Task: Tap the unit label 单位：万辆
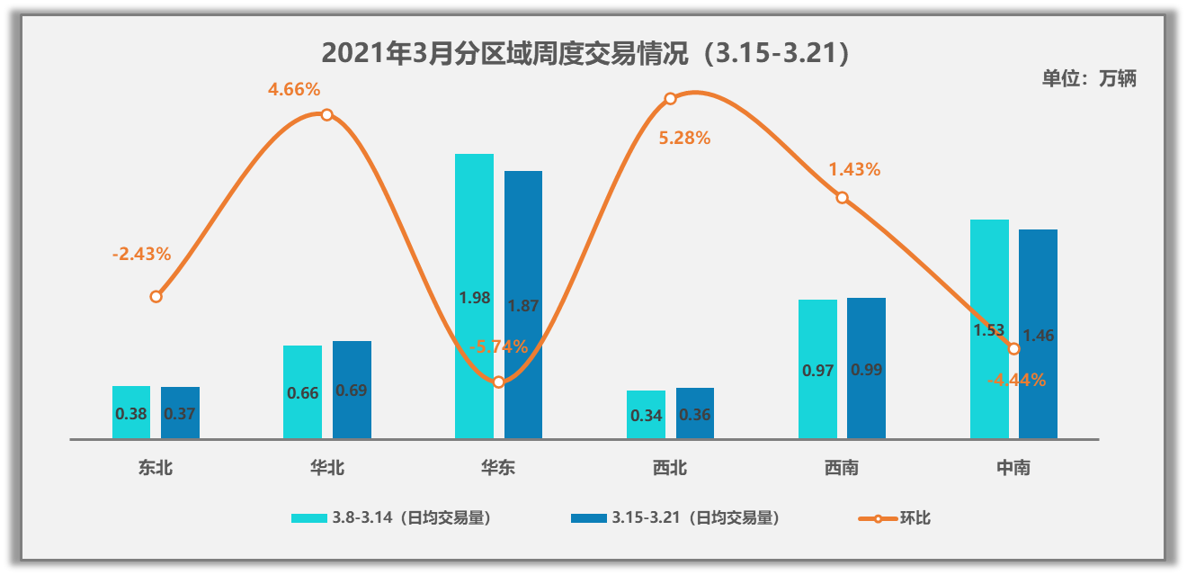tap(1089, 78)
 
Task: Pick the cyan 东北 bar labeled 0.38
tap(131, 413)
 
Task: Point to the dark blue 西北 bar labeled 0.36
tap(695, 414)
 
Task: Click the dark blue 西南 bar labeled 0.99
tap(867, 369)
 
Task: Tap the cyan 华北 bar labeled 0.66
tap(302, 392)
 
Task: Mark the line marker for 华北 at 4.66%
tap(327, 114)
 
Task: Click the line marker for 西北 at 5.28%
tap(670, 99)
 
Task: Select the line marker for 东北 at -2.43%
tap(156, 296)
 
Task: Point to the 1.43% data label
tap(854, 169)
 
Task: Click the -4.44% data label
tap(1016, 381)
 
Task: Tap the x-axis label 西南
tap(842, 468)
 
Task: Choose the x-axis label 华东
tap(498, 468)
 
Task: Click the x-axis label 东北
tap(156, 468)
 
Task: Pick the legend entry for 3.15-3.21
tap(675, 518)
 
